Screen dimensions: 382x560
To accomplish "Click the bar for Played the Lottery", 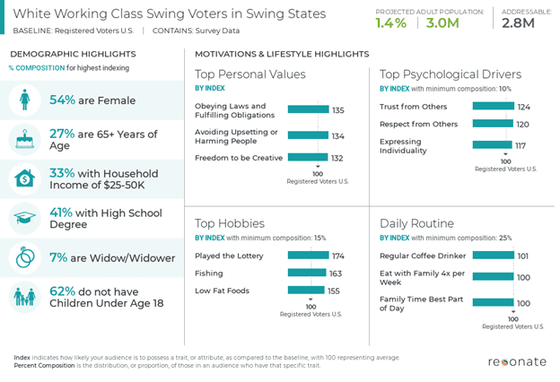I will click(308, 256).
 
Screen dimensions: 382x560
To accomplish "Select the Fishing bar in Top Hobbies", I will click(307, 273).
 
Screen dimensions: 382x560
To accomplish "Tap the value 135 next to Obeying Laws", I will click(313, 111).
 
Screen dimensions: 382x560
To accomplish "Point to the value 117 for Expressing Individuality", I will click(520, 145).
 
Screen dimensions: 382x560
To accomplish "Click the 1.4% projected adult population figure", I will click(391, 23).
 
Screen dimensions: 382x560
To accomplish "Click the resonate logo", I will click(516, 362).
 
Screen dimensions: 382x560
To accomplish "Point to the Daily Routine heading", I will click(416, 223).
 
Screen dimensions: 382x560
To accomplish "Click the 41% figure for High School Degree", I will click(60, 213).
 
